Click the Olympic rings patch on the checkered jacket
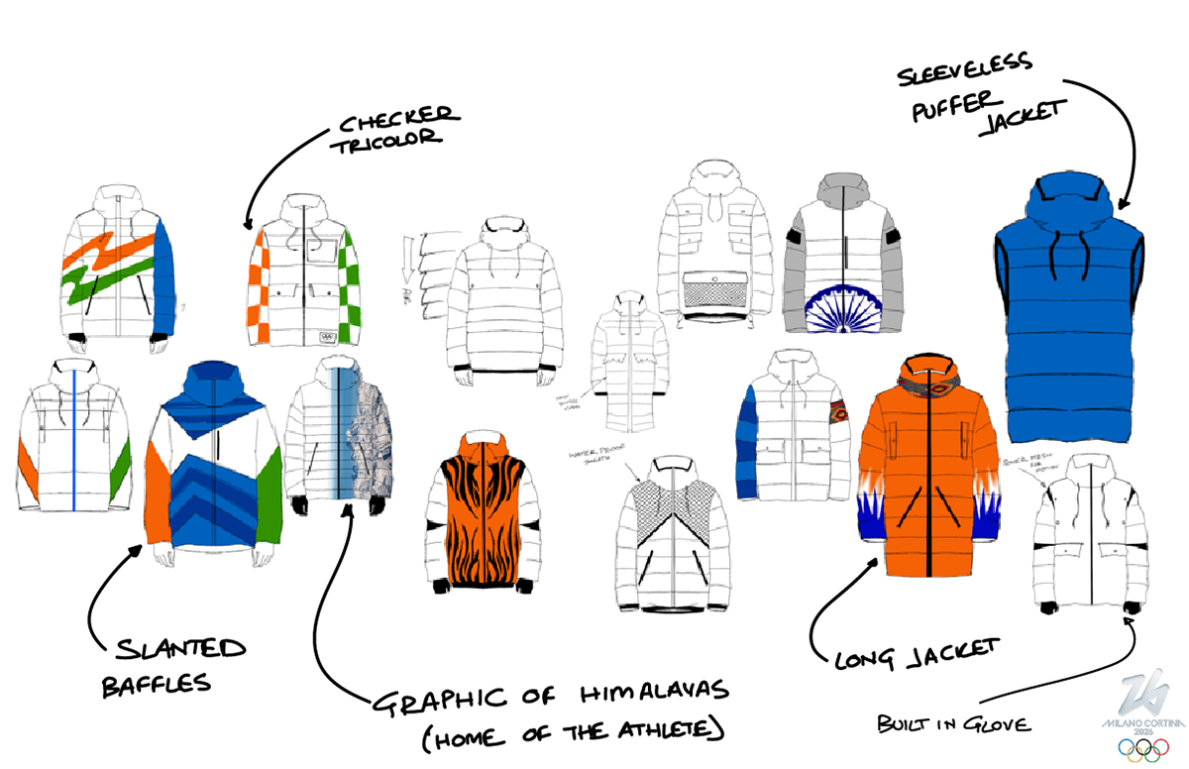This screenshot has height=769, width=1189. point(328,335)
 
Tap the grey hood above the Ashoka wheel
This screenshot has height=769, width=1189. point(842,189)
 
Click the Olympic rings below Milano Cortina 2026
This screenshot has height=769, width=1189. point(1143,749)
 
